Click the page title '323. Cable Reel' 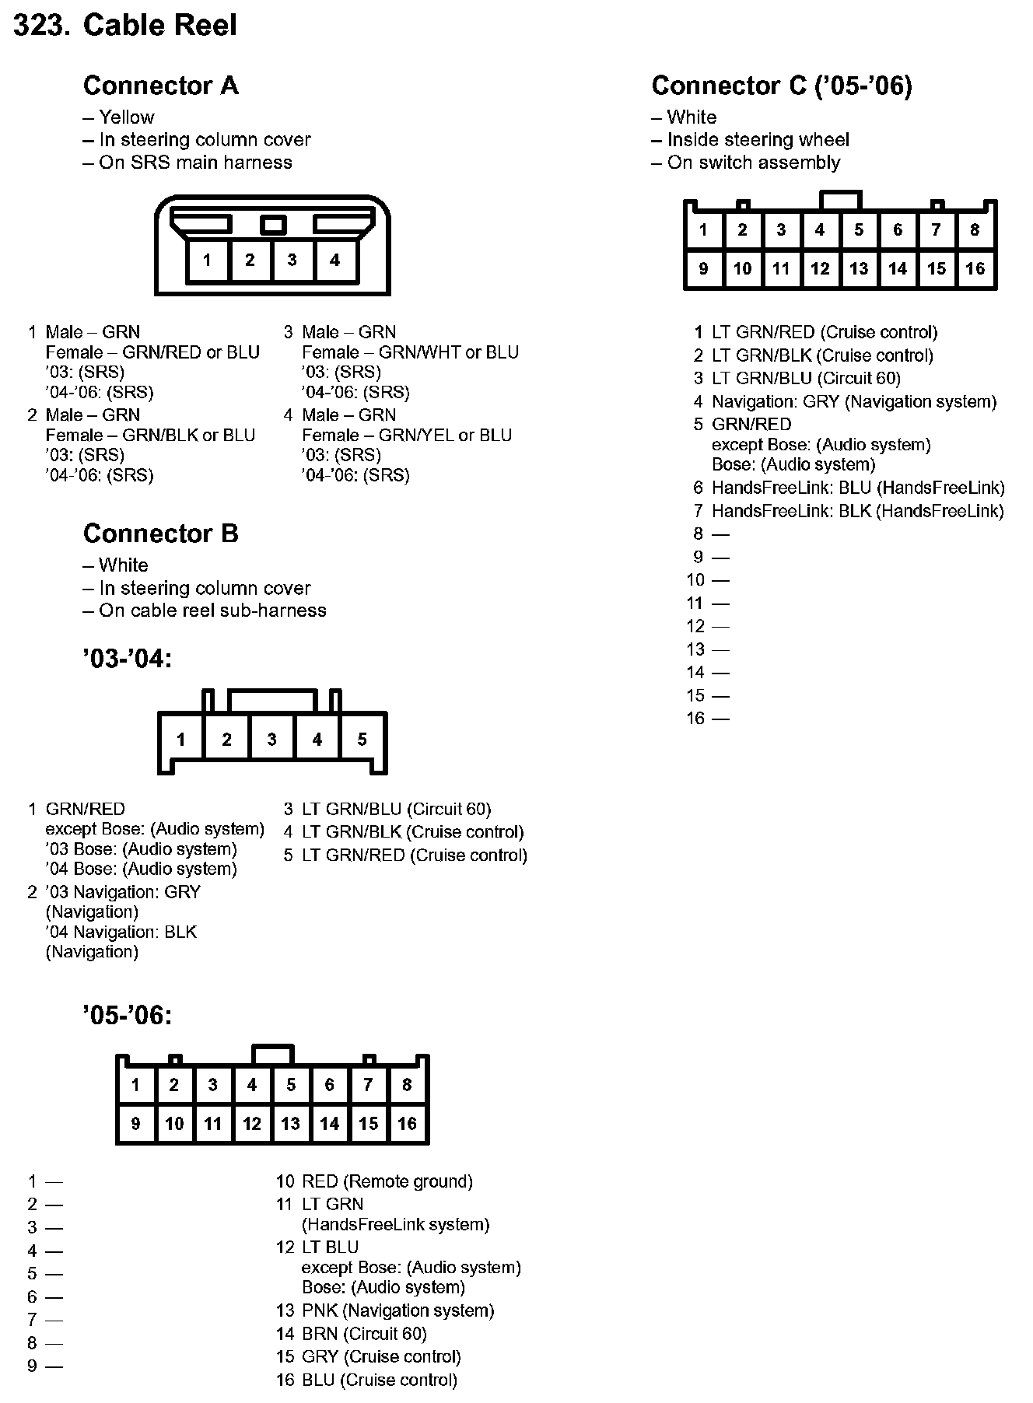click(x=125, y=26)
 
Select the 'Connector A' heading click(x=160, y=86)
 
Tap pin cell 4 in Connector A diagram click(x=334, y=261)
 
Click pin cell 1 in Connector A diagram click(x=207, y=261)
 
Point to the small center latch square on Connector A click(x=272, y=225)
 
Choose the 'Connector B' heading click(x=160, y=534)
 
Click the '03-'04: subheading click(x=127, y=659)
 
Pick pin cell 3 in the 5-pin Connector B click(x=271, y=739)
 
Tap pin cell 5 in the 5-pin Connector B click(x=362, y=739)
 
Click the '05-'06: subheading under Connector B click(x=127, y=1015)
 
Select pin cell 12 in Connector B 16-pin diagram click(x=252, y=1124)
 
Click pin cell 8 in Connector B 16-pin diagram click(x=407, y=1085)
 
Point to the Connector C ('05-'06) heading click(x=781, y=86)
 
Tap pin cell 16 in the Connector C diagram click(x=975, y=269)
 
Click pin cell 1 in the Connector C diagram click(x=703, y=230)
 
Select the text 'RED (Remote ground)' click(x=387, y=1181)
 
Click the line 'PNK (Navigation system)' click(x=397, y=1310)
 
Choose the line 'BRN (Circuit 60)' click(x=364, y=1334)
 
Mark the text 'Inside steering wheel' click(x=758, y=140)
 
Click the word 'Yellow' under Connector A click(x=126, y=117)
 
